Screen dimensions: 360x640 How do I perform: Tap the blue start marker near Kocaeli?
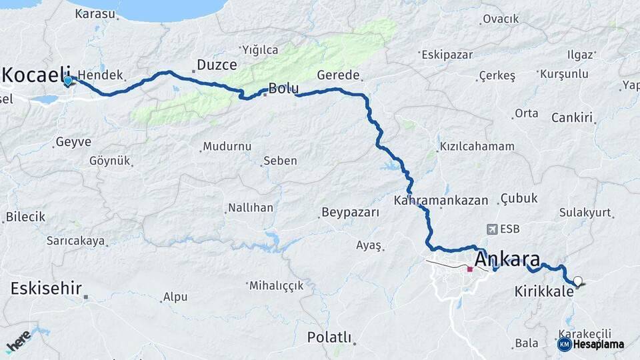[x=68, y=81]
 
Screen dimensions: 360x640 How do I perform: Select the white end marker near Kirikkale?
[x=577, y=281]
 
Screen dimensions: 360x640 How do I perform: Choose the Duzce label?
[x=217, y=65]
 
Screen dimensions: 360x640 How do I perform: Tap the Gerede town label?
[x=339, y=75]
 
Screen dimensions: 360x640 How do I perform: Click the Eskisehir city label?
[x=46, y=289]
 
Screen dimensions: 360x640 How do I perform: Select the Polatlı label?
[x=329, y=337]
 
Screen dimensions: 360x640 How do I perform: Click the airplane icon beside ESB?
[x=493, y=229]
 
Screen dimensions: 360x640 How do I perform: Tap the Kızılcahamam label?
[x=476, y=147]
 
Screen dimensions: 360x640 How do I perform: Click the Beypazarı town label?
[x=350, y=213]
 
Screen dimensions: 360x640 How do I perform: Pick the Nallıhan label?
[x=251, y=207]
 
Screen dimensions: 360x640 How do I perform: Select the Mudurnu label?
[x=227, y=146]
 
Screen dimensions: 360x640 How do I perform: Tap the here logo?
[x=18, y=341]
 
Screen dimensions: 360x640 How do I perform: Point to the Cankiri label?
[x=572, y=118]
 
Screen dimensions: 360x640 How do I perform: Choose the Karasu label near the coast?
[x=95, y=13]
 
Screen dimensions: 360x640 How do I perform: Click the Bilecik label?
[x=25, y=217]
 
